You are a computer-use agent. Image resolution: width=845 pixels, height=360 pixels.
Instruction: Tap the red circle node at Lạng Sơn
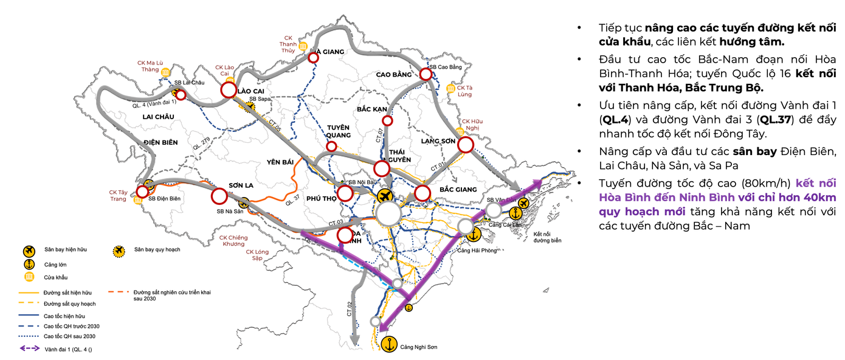(466, 145)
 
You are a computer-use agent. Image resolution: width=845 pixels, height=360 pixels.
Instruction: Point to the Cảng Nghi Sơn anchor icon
(388, 344)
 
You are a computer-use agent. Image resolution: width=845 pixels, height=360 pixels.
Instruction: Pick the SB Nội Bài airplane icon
(384, 196)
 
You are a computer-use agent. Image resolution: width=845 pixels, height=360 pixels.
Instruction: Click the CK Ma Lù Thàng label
(150, 66)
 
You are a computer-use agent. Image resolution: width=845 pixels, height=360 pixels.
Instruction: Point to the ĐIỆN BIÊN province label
(160, 142)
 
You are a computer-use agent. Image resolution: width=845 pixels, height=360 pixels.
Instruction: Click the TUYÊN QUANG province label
(338, 131)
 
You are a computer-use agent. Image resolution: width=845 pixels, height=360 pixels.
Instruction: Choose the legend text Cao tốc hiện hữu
(64, 316)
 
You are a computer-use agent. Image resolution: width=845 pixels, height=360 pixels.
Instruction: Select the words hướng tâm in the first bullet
(752, 42)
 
